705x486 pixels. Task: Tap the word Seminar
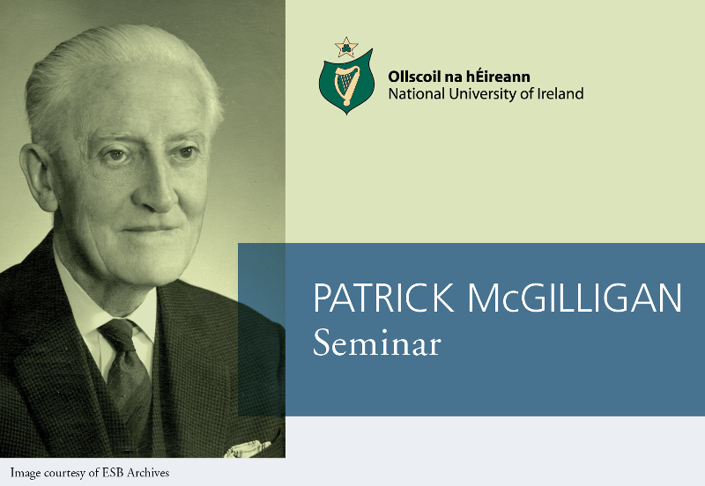[376, 343]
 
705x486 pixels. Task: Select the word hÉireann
[501, 77]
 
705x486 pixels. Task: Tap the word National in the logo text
[415, 94]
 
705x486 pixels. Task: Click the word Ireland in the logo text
[560, 94]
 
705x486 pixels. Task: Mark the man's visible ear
[41, 180]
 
